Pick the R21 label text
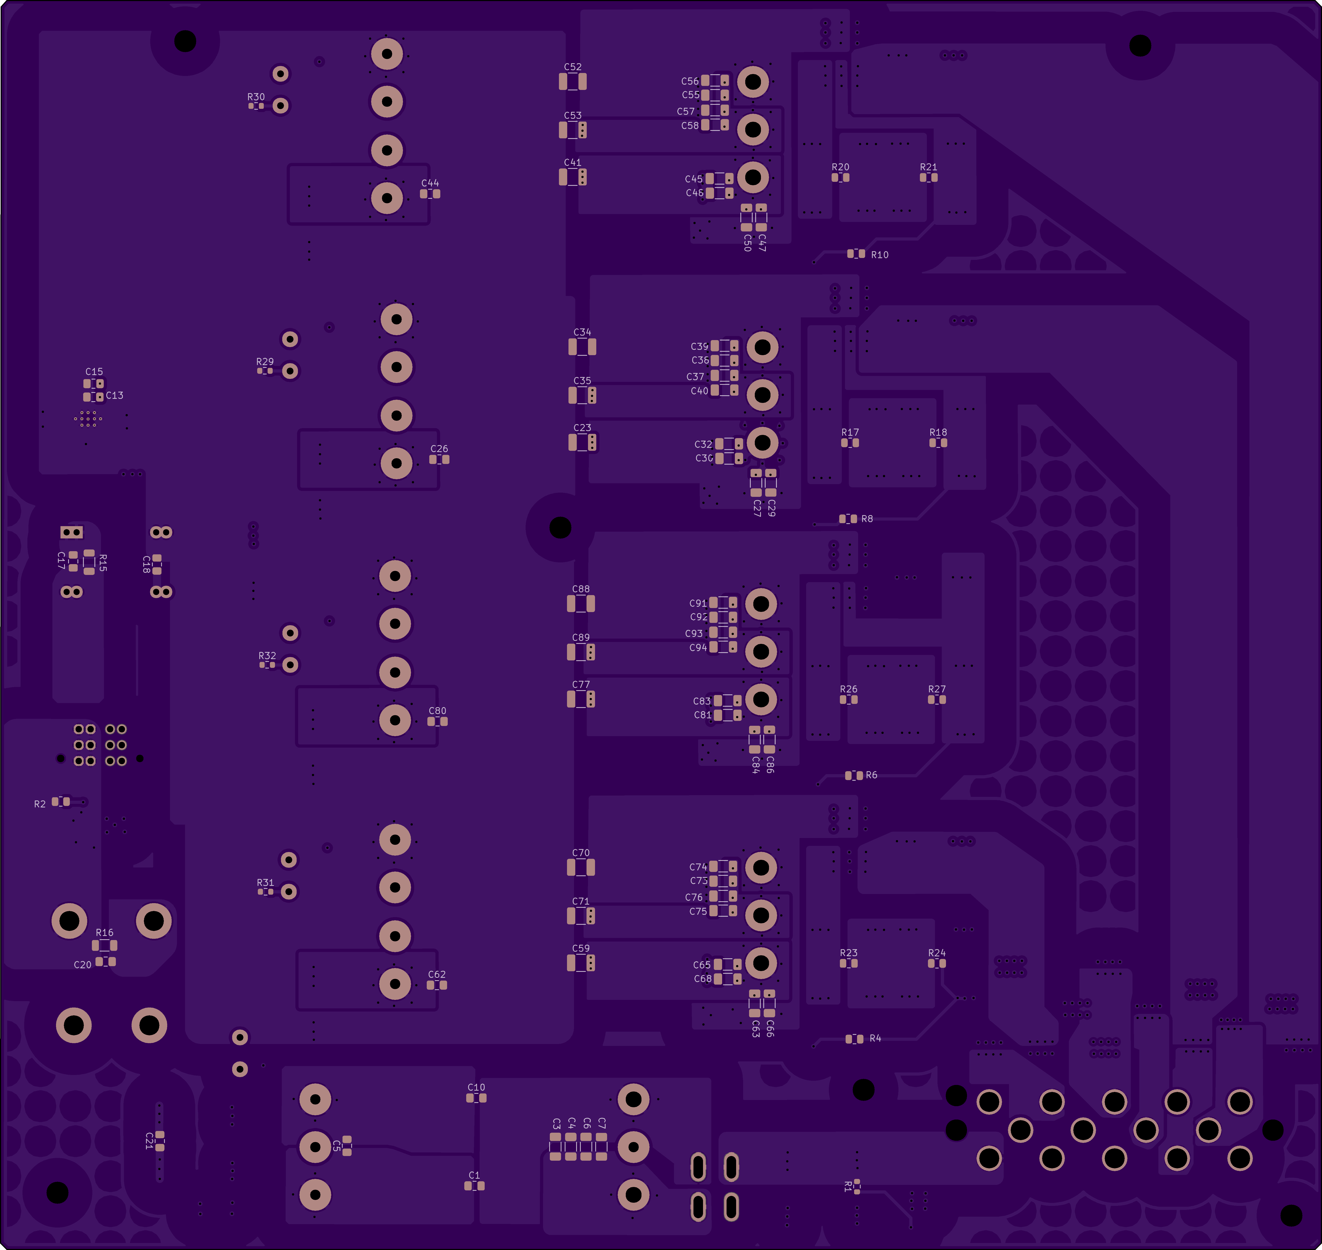(928, 167)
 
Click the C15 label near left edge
(94, 372)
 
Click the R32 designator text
(267, 656)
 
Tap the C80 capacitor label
(437, 711)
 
